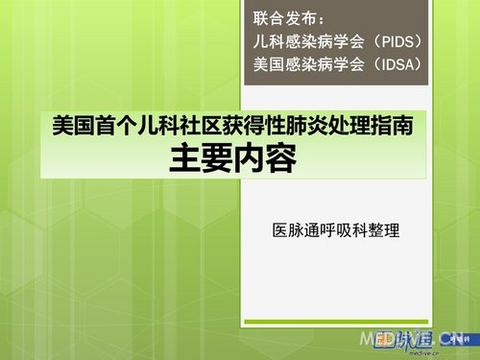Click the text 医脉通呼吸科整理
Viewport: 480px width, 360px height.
(x=335, y=230)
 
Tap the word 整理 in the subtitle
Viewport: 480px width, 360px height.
(x=383, y=230)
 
